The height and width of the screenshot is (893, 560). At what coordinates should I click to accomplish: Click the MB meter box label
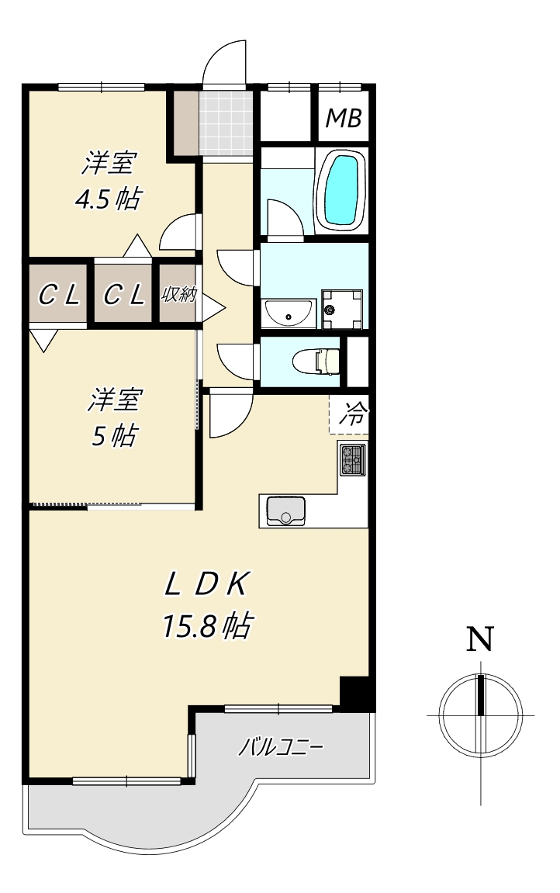[x=343, y=118]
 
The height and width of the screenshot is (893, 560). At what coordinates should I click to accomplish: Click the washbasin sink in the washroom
[x=288, y=313]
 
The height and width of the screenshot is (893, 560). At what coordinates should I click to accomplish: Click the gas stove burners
[x=353, y=460]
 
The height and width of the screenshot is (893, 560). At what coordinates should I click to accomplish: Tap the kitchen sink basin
[x=285, y=511]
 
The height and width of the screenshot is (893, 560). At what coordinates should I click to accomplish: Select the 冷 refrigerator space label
[x=354, y=414]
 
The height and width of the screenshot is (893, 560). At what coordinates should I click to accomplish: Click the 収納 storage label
[x=179, y=295]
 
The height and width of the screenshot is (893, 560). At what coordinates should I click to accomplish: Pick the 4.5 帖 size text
[x=108, y=199]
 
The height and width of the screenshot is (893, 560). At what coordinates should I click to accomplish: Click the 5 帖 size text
[x=114, y=436]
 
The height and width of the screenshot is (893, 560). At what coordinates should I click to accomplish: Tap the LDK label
[x=206, y=585]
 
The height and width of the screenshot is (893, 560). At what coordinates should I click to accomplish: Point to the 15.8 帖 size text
[x=207, y=626]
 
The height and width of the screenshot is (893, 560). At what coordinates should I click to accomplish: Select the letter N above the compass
[x=480, y=639]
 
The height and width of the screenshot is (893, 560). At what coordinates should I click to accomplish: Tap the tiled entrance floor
[x=226, y=123]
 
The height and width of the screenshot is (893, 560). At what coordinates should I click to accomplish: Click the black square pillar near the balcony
[x=356, y=692]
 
